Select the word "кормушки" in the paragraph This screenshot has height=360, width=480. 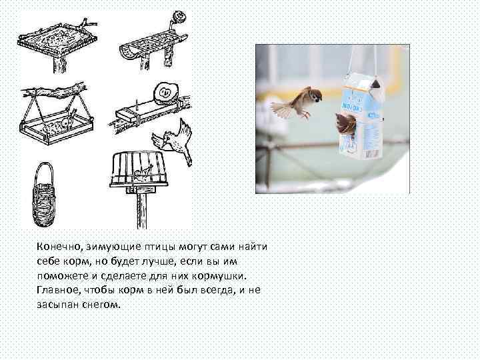click(219, 276)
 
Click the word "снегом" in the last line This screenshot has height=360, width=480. click(101, 305)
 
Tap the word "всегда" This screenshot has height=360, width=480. click(218, 290)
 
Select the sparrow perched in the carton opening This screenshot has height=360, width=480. click(346, 123)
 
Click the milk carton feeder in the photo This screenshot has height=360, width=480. click(361, 116)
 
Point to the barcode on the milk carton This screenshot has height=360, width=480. click(373, 153)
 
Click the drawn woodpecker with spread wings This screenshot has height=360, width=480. click(175, 141)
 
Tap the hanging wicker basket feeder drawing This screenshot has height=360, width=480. click(44, 195)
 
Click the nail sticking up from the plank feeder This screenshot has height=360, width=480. click(135, 105)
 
